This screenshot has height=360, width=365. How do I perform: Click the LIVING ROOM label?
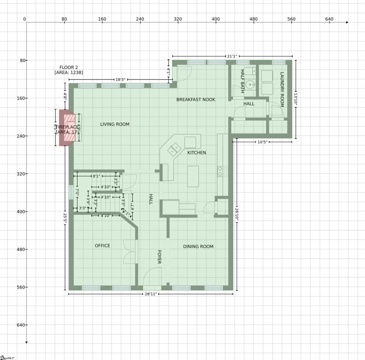point(115,124)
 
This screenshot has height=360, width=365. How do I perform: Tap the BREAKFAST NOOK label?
point(196,99)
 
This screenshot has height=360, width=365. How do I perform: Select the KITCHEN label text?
point(197,153)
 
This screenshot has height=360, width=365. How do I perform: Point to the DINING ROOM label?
point(198,247)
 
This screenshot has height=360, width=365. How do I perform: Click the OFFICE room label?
point(102,246)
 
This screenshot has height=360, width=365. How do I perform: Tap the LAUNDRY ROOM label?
point(282,89)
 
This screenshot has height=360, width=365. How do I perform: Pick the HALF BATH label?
point(242,81)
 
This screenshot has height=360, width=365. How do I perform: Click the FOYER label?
point(159,257)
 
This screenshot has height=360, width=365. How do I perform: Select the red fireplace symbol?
point(67,128)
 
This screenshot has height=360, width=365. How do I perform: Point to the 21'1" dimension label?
point(232,57)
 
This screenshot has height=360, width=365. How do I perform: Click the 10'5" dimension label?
point(262,142)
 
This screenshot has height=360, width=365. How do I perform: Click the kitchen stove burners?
point(223,171)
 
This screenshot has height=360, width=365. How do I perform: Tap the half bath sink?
point(250,85)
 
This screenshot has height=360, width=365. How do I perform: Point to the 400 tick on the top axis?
point(216,19)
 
